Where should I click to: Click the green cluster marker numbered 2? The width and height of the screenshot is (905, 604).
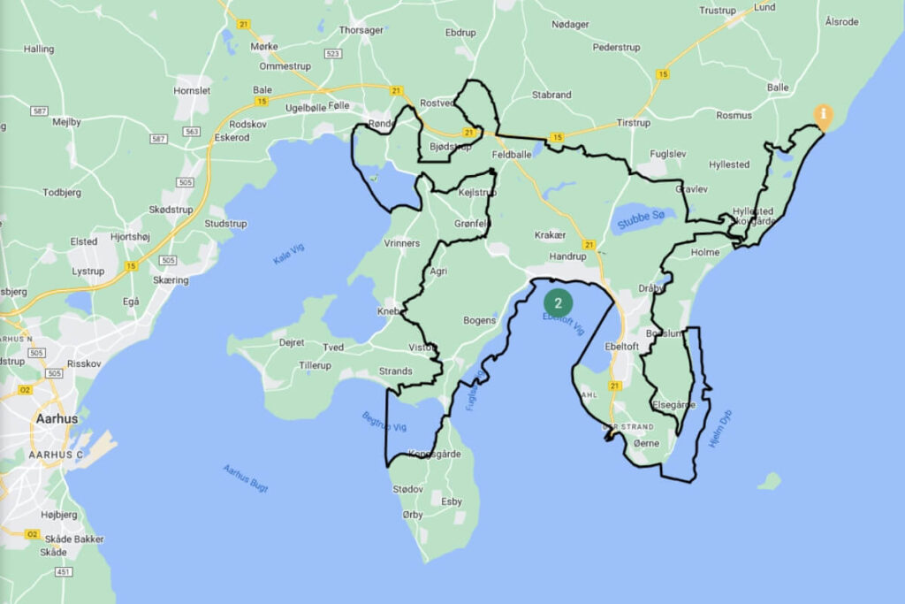coord(558,302)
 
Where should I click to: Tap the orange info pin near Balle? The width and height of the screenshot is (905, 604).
coord(823,116)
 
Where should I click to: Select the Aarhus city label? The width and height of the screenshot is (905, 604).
coord(56,418)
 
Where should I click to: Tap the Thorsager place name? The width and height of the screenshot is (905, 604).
coord(361,30)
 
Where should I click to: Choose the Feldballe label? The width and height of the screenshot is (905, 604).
coord(512,154)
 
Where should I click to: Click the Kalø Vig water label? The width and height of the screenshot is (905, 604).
coord(288,254)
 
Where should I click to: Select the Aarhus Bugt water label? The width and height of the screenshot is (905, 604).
coord(245,478)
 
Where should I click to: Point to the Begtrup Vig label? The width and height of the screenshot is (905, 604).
coord(384,422)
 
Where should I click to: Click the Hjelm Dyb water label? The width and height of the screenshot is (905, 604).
coord(721,429)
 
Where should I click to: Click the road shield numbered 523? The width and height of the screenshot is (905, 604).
coord(333,54)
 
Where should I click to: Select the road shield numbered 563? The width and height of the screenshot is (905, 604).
coord(191,131)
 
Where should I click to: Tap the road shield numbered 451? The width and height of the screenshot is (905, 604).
coord(64,572)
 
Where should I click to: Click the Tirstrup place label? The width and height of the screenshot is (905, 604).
coord(633,122)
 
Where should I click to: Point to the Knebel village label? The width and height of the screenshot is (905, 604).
coord(390,311)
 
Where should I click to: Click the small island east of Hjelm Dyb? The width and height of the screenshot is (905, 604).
coord(770,481)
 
